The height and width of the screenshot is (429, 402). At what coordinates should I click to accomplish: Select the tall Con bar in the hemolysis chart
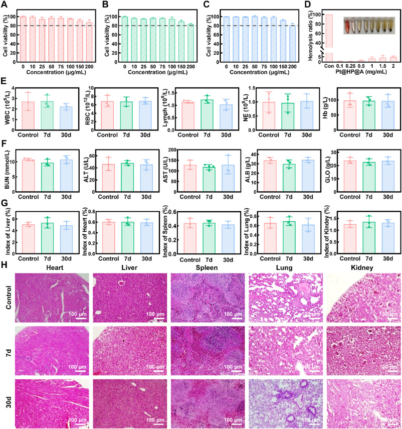[x=329, y=38]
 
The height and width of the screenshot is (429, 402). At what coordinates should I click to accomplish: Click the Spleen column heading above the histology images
[x=200, y=266]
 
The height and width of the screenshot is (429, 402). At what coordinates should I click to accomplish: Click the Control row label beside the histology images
[x=7, y=299]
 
